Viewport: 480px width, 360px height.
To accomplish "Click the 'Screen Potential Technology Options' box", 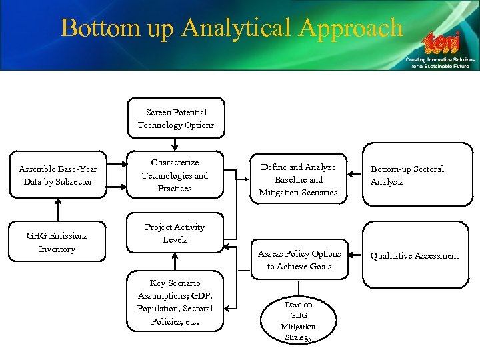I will [176, 119].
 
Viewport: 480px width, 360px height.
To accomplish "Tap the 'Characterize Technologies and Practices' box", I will [175, 175].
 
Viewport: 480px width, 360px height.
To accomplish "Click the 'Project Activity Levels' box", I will [175, 233].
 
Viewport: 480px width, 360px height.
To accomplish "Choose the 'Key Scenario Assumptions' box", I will [175, 302].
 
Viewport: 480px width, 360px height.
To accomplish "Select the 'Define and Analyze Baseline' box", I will [298, 180].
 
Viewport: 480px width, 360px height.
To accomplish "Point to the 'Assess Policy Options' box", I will [299, 260].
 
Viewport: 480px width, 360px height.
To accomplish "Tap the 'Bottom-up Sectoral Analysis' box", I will [415, 175].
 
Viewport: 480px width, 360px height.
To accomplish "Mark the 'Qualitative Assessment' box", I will [415, 255].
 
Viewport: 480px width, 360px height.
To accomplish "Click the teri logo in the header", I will [443, 44].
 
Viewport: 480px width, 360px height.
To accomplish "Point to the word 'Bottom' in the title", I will [97, 28].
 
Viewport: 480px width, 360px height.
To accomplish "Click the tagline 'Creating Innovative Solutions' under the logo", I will [441, 60].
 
